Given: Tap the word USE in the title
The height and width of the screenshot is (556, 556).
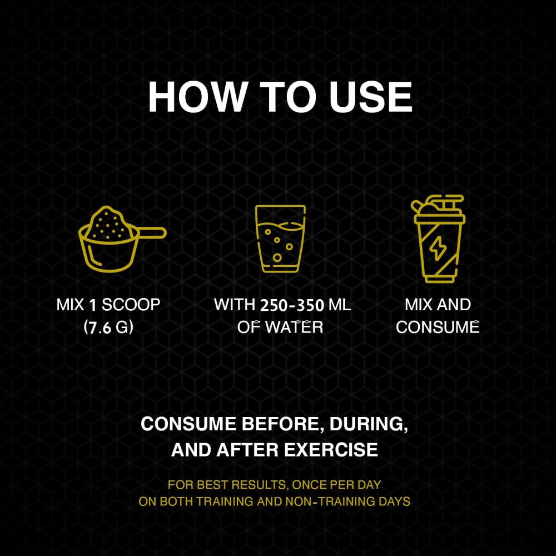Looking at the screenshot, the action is coord(370,97).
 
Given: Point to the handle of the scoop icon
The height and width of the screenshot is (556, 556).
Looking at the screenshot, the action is coord(152,232).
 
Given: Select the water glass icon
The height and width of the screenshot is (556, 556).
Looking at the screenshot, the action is coord(280,239).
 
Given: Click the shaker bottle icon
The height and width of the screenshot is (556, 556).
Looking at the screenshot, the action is coord(438,239).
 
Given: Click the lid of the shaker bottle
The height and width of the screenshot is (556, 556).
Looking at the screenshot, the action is coord(438,209).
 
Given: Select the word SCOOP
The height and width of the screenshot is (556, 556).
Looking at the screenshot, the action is coord(131,305).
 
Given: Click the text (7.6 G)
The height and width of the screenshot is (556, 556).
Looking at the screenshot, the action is coord(108,327).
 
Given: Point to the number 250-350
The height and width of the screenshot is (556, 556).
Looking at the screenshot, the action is coord(292,305).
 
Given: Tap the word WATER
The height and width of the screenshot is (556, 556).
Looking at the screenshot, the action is coord(294,327).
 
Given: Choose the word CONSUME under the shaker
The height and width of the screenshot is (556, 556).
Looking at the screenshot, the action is coord(438,327).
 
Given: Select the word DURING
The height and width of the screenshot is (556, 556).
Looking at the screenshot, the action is coord(369,424).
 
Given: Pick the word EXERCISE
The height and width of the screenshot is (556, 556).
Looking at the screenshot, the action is coord(331,450).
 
